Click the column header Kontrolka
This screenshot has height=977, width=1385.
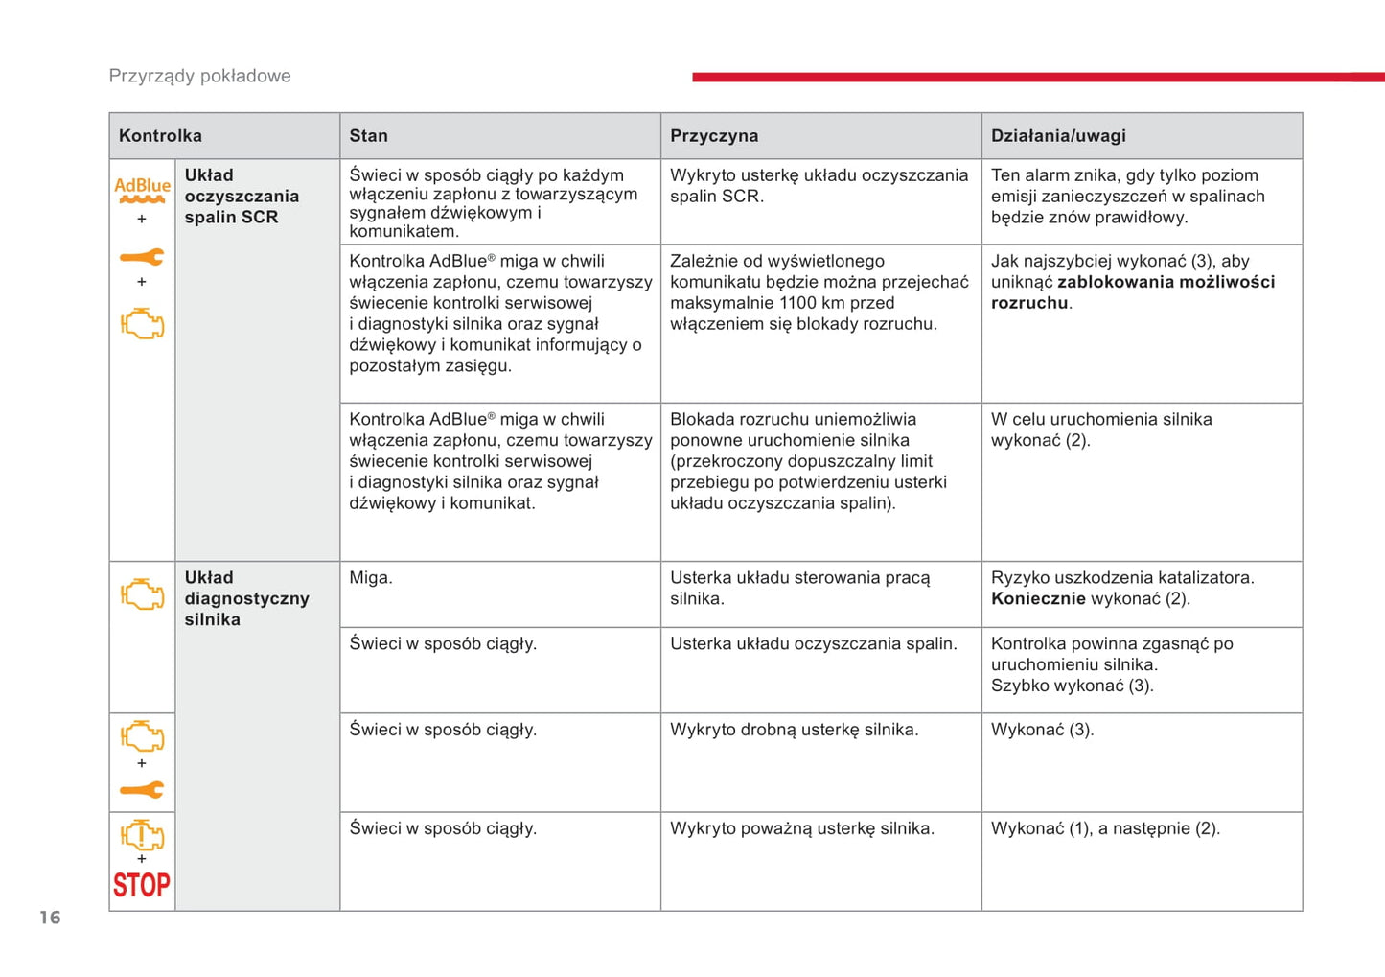[160, 136]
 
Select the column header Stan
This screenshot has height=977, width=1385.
[368, 136]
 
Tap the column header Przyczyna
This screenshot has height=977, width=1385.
[714, 136]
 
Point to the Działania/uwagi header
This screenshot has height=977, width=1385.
[1058, 136]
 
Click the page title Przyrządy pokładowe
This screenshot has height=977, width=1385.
[199, 76]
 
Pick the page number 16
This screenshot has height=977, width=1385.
[50, 918]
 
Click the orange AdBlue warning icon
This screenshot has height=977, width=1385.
[142, 190]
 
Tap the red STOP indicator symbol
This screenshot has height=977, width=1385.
[142, 884]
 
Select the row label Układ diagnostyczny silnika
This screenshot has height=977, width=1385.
[246, 598]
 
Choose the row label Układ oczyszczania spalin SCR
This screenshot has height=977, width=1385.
[242, 197]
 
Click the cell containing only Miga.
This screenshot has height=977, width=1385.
[371, 578]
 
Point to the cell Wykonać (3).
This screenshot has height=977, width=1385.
[1042, 730]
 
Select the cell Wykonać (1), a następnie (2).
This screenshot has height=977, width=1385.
[1105, 828]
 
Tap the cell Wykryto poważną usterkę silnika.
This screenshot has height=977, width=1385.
[801, 828]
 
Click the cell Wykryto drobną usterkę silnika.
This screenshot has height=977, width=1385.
[794, 730]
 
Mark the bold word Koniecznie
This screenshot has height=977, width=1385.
[1038, 599]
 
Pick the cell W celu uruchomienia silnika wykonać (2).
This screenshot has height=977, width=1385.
[1100, 430]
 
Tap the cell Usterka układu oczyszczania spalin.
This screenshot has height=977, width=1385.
[813, 644]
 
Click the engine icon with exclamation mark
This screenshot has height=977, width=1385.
[142, 835]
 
